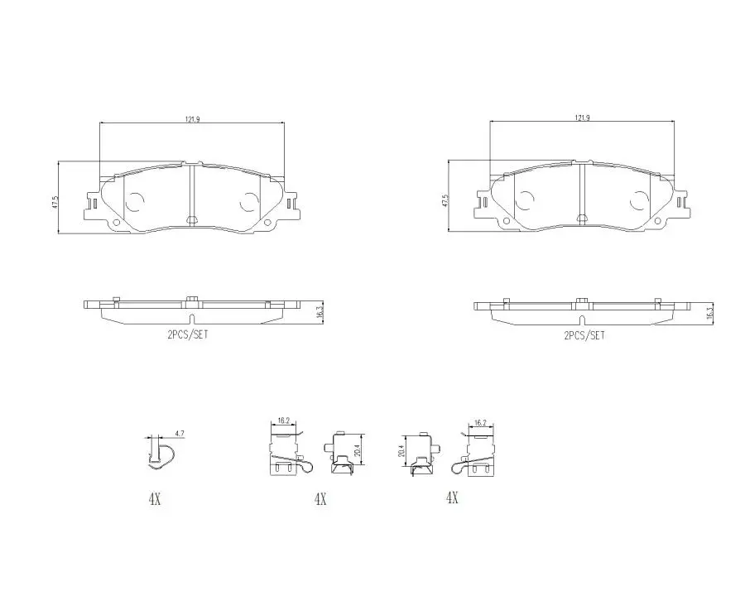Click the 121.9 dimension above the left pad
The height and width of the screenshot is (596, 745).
(192, 119)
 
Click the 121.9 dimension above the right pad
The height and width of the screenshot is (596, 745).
(582, 118)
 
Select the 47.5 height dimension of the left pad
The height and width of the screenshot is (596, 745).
(55, 202)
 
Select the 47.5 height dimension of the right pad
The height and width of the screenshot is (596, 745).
(445, 201)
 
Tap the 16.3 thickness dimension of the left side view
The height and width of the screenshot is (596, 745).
(319, 312)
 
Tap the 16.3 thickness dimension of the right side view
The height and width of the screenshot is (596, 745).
(709, 313)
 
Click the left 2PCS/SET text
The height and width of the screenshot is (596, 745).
(187, 334)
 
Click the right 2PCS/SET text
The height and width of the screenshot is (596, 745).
(584, 335)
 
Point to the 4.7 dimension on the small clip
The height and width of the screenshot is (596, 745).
(180, 434)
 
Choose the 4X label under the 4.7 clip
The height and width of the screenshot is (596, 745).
(155, 499)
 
